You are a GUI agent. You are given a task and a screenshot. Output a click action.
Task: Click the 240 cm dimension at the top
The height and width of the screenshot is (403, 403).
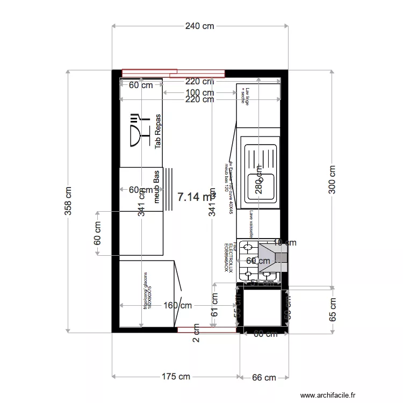tap(200, 26)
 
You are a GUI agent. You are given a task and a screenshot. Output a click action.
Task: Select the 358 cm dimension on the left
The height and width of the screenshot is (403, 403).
tap(68, 201)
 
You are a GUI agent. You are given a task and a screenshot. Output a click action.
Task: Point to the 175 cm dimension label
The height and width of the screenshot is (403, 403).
tap(175, 377)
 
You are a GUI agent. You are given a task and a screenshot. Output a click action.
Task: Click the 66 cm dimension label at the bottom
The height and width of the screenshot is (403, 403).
tap(263, 378)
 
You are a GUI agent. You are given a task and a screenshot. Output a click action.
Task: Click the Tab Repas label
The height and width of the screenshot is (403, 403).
tap(158, 131)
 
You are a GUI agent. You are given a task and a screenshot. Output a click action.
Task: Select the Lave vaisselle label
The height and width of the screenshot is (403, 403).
tap(251, 224)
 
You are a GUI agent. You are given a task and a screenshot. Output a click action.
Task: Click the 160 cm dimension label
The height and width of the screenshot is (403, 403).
tap(177, 306)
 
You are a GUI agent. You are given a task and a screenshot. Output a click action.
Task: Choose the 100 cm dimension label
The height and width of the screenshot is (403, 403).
tap(199, 93)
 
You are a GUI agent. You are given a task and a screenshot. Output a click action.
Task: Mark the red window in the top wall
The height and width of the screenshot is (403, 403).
tap(173, 73)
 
